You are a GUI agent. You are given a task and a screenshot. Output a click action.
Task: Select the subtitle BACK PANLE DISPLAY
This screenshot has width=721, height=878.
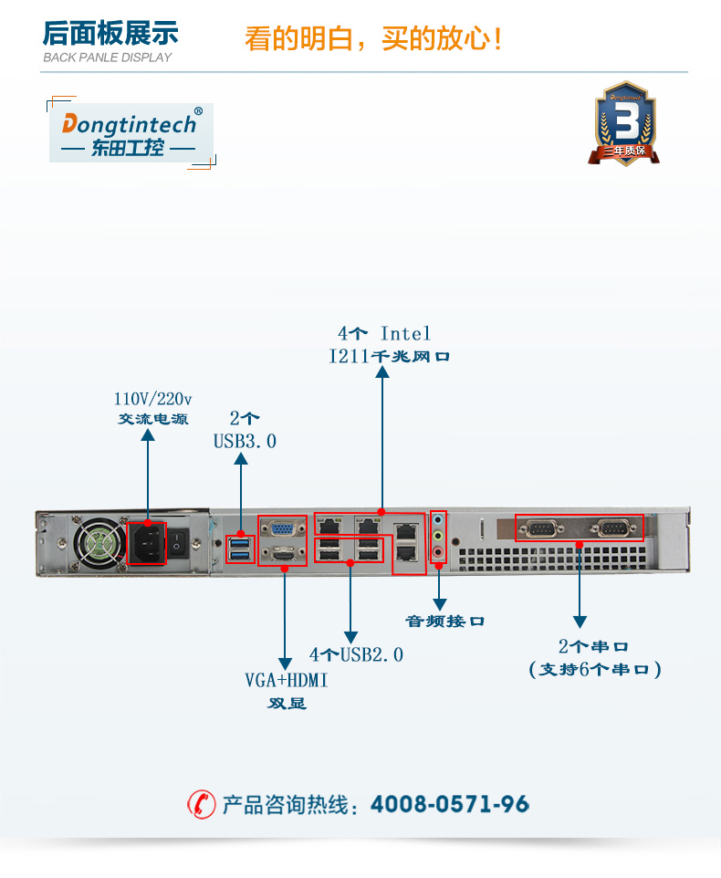108,57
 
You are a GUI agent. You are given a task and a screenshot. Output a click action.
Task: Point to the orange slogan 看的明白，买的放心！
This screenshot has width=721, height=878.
373,39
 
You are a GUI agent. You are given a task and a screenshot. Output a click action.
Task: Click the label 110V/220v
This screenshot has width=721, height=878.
152,400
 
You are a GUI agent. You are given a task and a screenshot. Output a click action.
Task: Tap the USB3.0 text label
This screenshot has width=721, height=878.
245,442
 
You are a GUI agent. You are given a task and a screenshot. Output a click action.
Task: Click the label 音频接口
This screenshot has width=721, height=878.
444,622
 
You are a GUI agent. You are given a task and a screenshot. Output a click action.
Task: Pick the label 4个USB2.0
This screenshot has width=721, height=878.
356,654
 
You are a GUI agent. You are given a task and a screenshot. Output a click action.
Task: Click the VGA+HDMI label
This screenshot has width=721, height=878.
286,681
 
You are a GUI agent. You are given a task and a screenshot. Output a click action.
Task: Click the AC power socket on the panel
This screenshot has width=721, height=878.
146,542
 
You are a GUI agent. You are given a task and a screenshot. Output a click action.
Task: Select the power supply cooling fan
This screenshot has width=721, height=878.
98,544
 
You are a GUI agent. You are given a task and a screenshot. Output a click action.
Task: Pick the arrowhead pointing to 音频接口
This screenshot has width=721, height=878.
439,604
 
